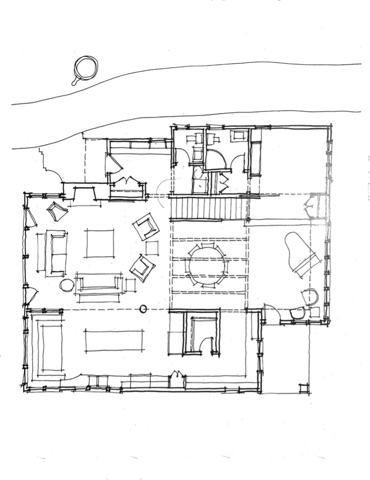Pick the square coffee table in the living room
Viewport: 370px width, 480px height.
100,242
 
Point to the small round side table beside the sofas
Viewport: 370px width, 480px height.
67,285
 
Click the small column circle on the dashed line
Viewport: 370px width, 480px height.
143,308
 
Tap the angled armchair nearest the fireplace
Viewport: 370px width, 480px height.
57,211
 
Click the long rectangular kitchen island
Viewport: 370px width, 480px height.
114,341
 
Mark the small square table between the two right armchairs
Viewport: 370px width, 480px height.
152,248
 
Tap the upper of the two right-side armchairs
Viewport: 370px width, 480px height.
146,227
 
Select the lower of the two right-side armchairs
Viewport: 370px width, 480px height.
142,268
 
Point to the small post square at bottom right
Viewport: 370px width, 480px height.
304,387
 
